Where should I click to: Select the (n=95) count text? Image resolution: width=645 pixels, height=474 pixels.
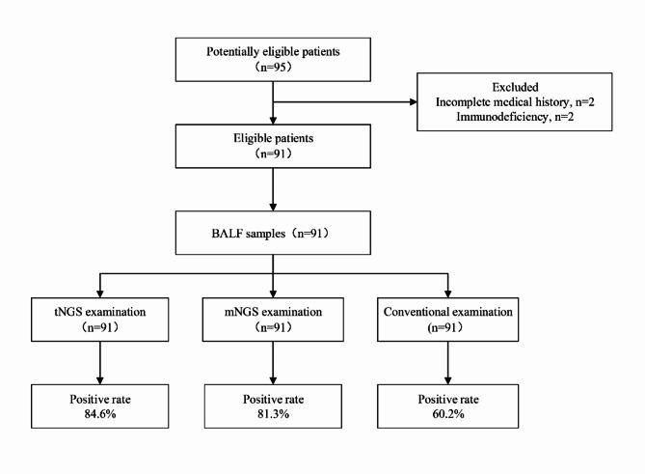point(275,69)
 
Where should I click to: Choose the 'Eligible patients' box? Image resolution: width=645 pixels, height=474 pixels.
point(275,147)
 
